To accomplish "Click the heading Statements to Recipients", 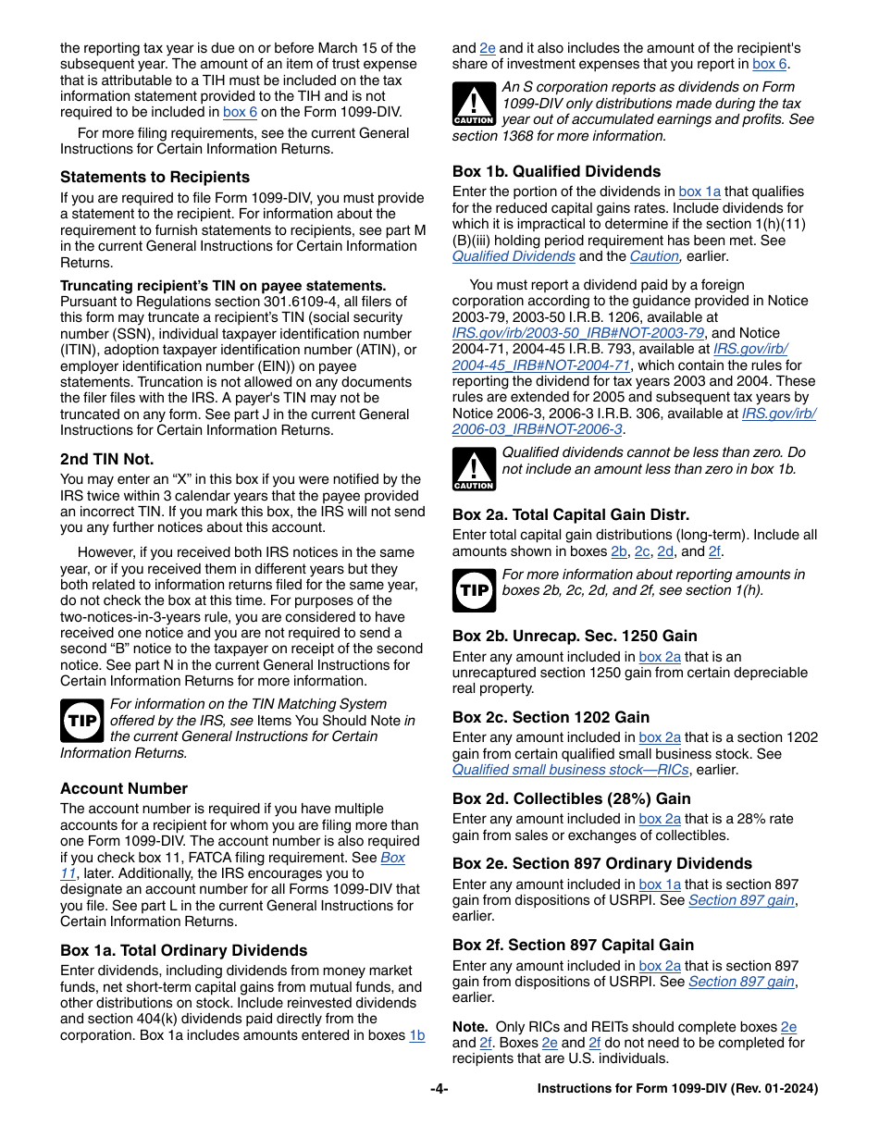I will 155,177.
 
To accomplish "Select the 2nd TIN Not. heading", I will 106,459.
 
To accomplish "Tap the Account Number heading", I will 124,788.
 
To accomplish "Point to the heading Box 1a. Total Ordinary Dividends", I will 183,950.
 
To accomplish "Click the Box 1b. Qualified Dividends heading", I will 556,171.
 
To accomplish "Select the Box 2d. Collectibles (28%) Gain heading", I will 571,798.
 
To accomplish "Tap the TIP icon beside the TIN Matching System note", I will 81,721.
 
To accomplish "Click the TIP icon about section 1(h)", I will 474,590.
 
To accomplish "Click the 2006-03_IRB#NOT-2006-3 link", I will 537,429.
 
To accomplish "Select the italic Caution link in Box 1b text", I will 654,256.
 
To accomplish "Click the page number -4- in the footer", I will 439,1089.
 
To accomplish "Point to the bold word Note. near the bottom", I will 470,1026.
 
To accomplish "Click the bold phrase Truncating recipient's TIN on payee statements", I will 223,286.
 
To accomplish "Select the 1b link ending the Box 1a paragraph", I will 417,1035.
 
